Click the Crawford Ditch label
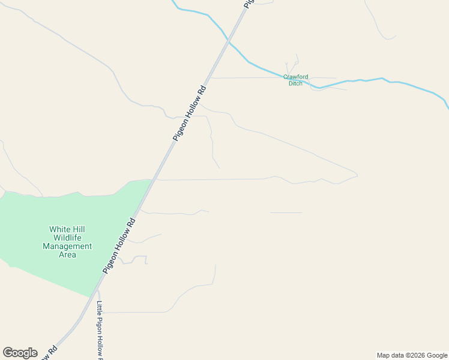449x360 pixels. pyautogui.click(x=295, y=80)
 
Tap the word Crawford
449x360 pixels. pyautogui.click(x=295, y=77)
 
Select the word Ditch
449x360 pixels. pyautogui.click(x=295, y=83)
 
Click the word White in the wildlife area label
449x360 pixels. pyautogui.click(x=60, y=229)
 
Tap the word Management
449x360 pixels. pyautogui.click(x=67, y=246)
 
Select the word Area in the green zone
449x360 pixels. pyautogui.click(x=67, y=254)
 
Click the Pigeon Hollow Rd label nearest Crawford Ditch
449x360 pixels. pyautogui.click(x=190, y=113)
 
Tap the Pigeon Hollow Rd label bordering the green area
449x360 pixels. pyautogui.click(x=119, y=245)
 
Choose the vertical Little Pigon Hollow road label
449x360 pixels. pyautogui.click(x=100, y=329)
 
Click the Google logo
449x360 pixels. pyautogui.click(x=20, y=353)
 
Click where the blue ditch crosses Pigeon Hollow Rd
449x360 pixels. pyautogui.click(x=229, y=41)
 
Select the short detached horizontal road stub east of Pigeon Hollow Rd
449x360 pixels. pyautogui.click(x=286, y=212)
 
